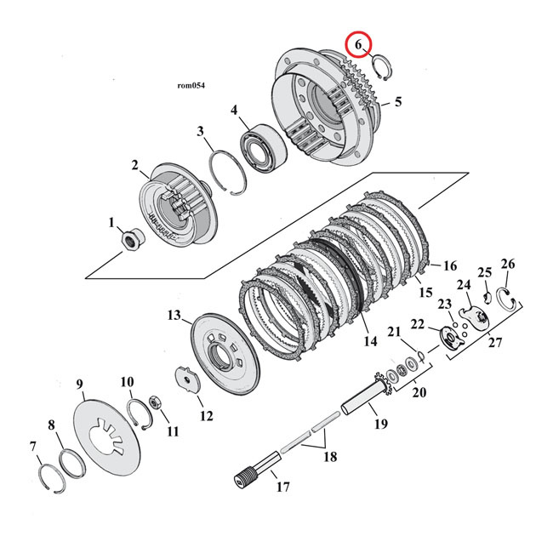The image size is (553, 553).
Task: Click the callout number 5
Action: [398, 103]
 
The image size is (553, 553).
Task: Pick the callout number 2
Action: [135, 165]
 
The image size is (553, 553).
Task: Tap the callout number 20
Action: [417, 392]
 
